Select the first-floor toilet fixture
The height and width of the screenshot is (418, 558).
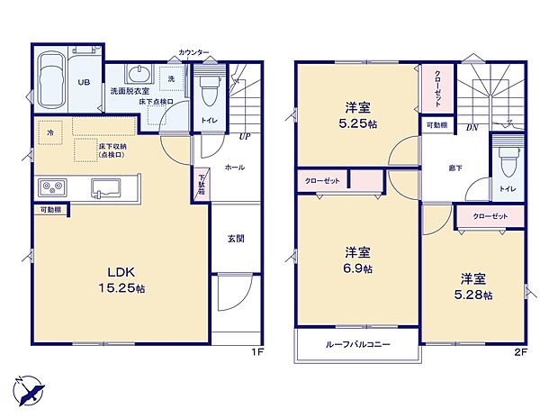[208, 90]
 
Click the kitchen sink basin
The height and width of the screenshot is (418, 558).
[101, 187]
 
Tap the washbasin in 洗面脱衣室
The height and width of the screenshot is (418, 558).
[139, 74]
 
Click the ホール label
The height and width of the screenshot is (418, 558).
[234, 168]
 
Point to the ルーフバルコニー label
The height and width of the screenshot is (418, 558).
[357, 343]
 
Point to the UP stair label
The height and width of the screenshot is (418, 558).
[244, 137]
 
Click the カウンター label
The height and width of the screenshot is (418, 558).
[193, 53]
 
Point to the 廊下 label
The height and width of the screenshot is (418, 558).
[456, 168]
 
